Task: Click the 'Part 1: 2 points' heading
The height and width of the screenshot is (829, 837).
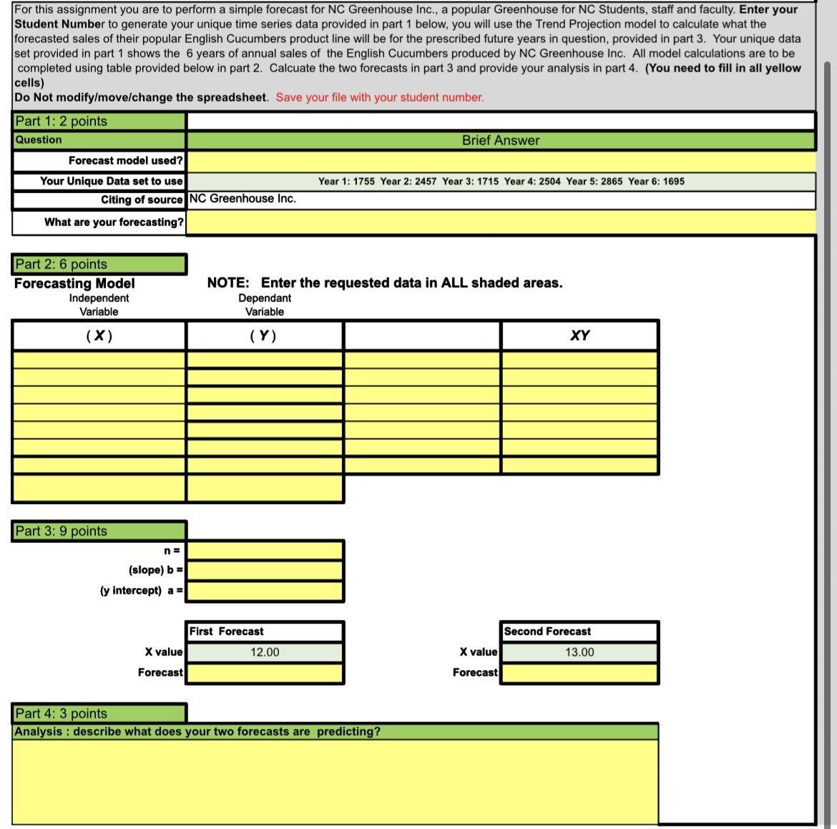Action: coord(62,121)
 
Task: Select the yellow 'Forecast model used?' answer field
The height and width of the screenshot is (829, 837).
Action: coord(500,161)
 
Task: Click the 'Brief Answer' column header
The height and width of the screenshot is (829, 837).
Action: coord(500,140)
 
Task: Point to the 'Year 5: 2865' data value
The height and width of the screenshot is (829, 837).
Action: coord(594,182)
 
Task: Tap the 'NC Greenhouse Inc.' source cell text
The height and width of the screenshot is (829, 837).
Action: coord(243,199)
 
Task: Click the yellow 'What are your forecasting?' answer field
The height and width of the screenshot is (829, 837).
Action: coord(500,222)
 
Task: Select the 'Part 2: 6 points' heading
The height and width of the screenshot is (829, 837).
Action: coord(62,264)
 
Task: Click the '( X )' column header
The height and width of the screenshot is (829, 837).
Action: coord(99,335)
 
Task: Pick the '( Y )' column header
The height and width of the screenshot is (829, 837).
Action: coord(264,335)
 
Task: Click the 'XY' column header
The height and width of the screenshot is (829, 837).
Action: coord(579,335)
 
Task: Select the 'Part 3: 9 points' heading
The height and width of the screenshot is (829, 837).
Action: coord(62,531)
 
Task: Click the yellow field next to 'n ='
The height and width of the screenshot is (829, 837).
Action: coord(265,550)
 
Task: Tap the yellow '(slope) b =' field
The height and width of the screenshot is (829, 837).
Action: coord(265,570)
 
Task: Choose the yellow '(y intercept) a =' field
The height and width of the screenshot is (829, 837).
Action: coord(265,591)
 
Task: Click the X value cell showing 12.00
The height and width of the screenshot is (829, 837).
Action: coord(265,652)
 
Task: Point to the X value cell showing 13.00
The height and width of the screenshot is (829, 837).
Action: coord(579,652)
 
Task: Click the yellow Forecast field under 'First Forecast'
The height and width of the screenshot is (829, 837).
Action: coord(265,673)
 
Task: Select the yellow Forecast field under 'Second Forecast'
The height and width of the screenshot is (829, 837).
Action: coord(579,673)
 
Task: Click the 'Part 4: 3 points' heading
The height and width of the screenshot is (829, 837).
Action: coord(62,713)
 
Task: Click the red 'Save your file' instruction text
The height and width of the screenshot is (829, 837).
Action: coord(380,97)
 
